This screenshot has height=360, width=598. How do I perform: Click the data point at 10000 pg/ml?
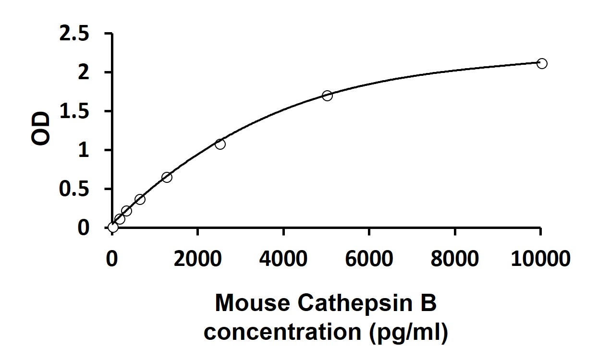click(541, 63)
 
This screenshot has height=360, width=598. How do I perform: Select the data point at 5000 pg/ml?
click(327, 96)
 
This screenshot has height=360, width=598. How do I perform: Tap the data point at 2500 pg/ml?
click(220, 144)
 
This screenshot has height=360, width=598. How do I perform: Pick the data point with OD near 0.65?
click(167, 177)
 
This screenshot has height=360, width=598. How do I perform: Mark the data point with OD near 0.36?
click(140, 199)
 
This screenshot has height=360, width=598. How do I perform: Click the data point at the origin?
click(113, 227)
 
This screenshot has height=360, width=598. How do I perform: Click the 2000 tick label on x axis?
click(197, 259)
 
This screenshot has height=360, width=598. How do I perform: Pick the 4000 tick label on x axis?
click(283, 259)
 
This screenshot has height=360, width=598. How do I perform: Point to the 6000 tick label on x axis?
click(369, 259)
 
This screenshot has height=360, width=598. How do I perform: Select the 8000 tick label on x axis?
click(455, 259)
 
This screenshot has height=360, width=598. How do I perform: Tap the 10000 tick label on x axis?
click(540, 259)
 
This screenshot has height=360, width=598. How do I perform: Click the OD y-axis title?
click(41, 129)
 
